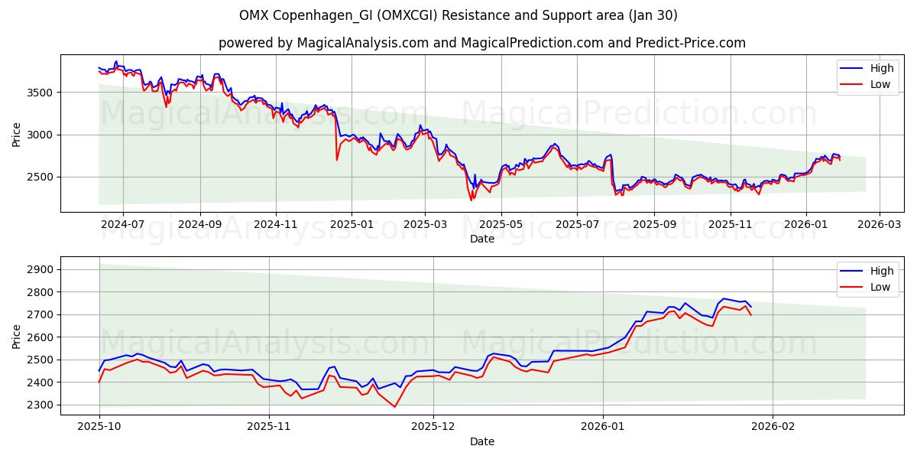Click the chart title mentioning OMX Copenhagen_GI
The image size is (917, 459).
(x=458, y=15)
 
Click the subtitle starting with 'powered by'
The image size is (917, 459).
(x=481, y=43)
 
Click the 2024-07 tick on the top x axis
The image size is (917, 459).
(x=122, y=224)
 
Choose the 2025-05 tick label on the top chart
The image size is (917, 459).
(x=501, y=224)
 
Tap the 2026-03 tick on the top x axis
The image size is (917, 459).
(x=879, y=224)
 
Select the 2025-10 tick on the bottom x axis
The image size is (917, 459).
(x=99, y=426)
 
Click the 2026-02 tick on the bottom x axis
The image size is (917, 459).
(x=773, y=426)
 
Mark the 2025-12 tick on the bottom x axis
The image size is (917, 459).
(x=433, y=426)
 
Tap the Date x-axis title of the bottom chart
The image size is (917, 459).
(x=481, y=441)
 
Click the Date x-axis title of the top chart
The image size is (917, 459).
(x=481, y=239)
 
